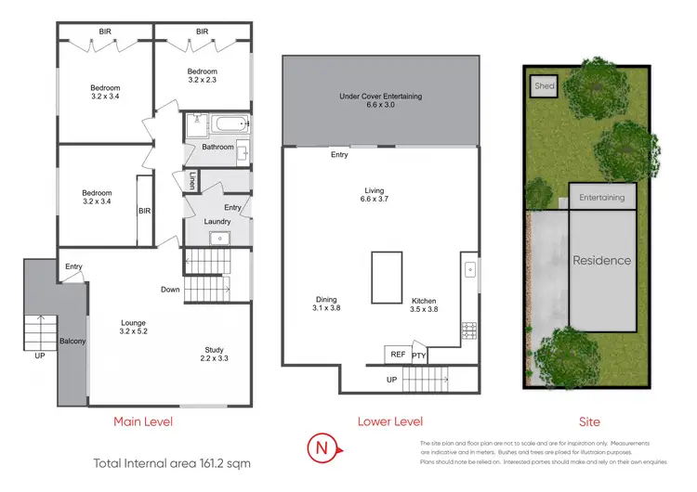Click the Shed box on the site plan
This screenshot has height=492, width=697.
544,86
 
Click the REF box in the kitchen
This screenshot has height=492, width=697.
397,355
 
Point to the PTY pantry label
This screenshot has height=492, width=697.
419,356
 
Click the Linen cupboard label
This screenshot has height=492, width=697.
192,181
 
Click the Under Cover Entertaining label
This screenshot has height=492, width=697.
381,100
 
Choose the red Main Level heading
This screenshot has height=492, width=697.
143,421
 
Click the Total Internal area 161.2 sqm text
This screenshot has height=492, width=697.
172,461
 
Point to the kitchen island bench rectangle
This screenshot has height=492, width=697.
387,277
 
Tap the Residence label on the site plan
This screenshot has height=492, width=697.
601,260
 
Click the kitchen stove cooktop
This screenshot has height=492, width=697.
469,330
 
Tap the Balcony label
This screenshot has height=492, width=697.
72,342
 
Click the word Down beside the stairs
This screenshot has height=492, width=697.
170,290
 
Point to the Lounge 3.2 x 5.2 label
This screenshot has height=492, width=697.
133,327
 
